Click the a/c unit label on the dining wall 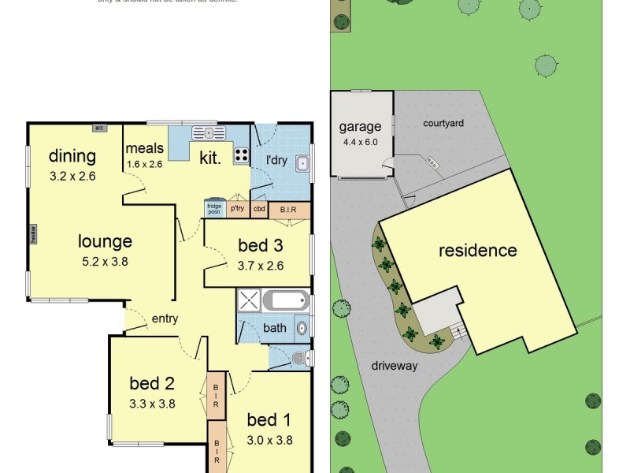99,128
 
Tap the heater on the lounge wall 33,234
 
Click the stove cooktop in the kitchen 242,155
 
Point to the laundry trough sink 302,164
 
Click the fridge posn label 213,210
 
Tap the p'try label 237,210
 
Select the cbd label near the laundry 259,210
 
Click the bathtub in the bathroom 287,301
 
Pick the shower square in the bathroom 250,302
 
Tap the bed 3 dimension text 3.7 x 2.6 261,265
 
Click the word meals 145,148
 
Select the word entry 165,319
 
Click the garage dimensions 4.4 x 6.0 361,143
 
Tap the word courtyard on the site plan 443,123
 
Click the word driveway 395,366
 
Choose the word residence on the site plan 478,251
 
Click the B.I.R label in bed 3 287,210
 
